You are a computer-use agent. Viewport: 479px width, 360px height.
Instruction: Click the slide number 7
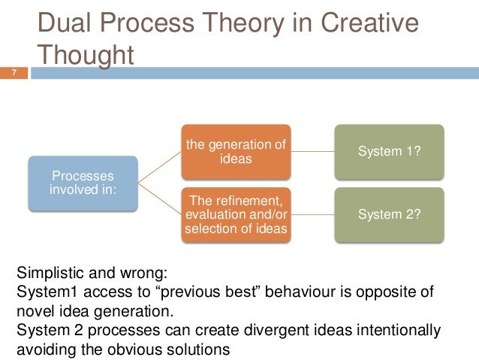tap(13, 73)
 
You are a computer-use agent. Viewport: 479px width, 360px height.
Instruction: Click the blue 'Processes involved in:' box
tap(83, 183)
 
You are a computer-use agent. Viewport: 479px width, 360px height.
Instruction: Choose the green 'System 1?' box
tap(389, 151)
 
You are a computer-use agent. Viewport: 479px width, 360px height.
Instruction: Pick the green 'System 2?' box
tap(389, 215)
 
